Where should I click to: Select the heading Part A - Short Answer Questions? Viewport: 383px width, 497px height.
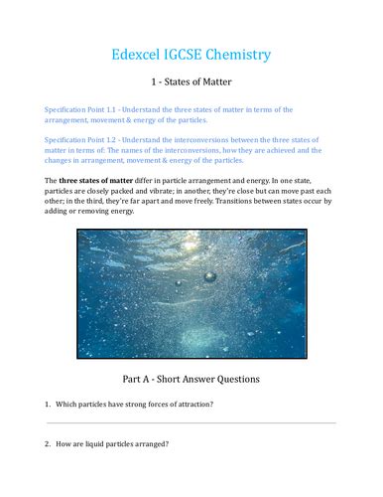click(191, 379)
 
